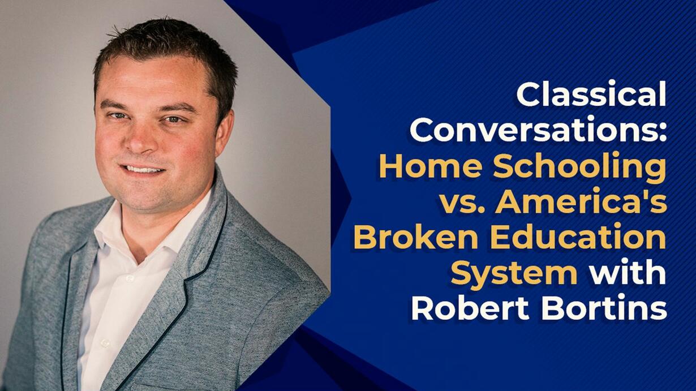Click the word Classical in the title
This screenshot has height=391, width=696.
(592, 93)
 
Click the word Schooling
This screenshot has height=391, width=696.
(580, 169)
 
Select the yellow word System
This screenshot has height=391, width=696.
(514, 275)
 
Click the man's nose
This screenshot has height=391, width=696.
(141, 137)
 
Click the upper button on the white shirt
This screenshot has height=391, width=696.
(130, 278)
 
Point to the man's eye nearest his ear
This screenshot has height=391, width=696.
(173, 119)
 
